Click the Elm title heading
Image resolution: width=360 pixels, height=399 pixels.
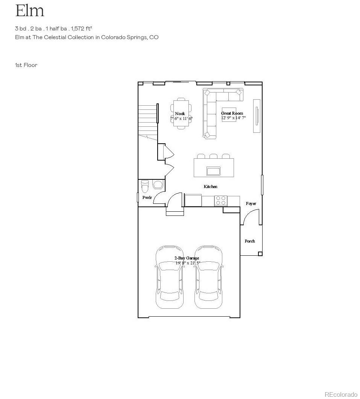click(30, 11)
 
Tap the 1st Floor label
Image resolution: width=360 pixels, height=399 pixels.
click(26, 65)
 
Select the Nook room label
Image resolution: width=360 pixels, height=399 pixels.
click(180, 114)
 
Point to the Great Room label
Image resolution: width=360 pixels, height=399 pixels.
click(232, 113)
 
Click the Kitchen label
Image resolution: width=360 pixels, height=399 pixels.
click(210, 187)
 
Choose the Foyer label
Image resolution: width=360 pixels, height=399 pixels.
click(251, 203)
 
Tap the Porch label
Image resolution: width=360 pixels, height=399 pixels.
click(250, 241)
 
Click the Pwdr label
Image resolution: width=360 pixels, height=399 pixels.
click(147, 197)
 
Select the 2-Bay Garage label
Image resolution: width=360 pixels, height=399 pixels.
click(187, 258)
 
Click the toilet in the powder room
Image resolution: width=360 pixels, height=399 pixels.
click(145, 187)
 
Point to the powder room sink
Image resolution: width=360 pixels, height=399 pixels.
click(158, 184)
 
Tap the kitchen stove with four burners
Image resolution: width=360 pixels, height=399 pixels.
click(221, 200)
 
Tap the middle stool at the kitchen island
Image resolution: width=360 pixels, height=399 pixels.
click(214, 156)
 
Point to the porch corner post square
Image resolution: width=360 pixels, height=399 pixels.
click(260, 254)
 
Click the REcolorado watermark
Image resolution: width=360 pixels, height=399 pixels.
click(341, 394)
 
